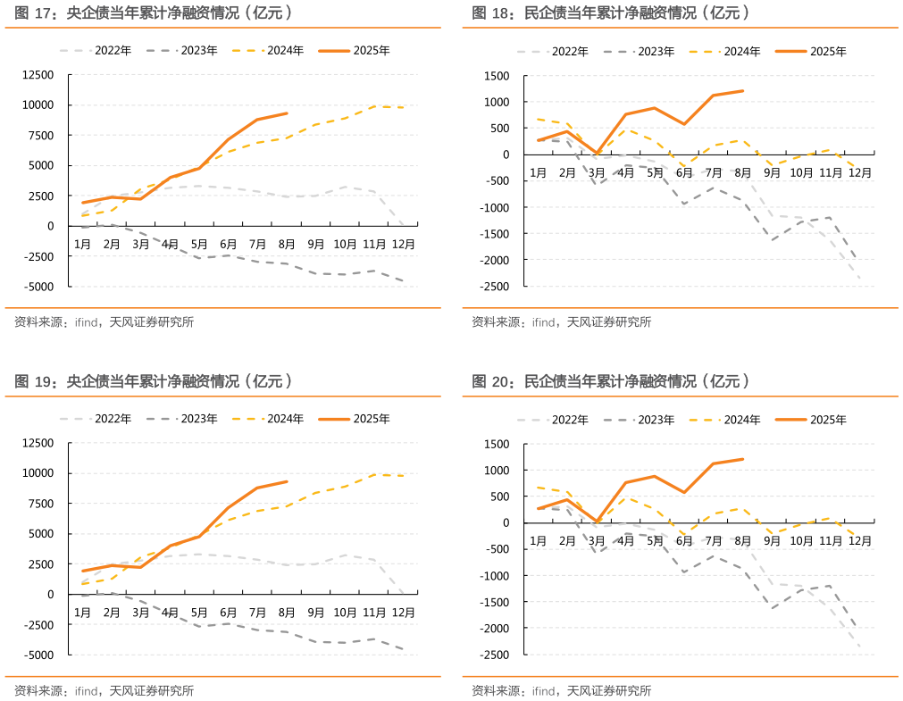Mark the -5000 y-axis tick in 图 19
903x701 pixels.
(x=37, y=655)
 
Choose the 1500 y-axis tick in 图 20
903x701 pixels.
(x=497, y=444)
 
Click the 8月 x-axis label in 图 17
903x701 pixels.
(x=287, y=243)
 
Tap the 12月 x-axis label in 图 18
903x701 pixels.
(x=860, y=172)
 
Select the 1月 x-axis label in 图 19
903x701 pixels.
(x=82, y=612)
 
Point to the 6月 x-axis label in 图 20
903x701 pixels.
(x=684, y=541)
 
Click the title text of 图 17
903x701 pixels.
(x=154, y=13)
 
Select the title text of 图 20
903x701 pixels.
(x=610, y=381)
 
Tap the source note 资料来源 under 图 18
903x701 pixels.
(x=562, y=322)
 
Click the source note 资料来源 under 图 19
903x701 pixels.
(x=105, y=690)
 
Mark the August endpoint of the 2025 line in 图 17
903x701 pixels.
(x=287, y=113)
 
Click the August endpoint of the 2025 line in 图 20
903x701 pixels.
(x=742, y=459)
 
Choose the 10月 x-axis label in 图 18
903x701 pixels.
(x=801, y=172)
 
